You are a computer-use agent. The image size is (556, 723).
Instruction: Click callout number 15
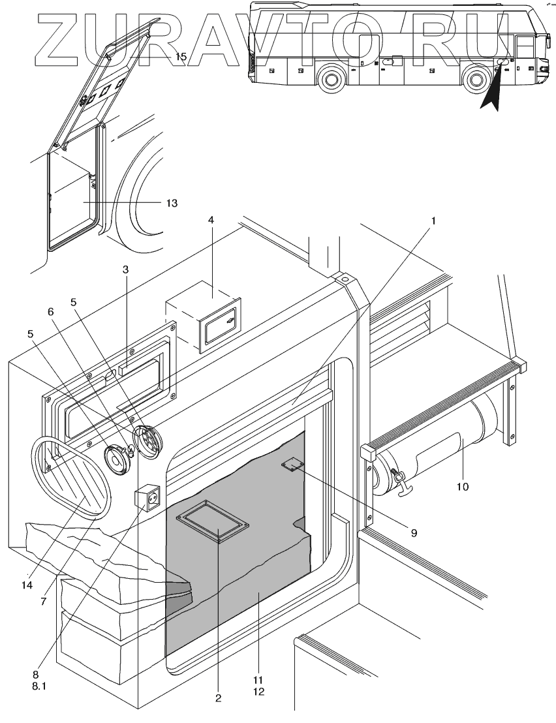(181, 57)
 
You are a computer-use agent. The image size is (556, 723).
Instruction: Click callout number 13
(172, 203)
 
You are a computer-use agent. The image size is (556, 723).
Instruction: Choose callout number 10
(463, 486)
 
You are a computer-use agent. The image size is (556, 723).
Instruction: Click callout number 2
(218, 698)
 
